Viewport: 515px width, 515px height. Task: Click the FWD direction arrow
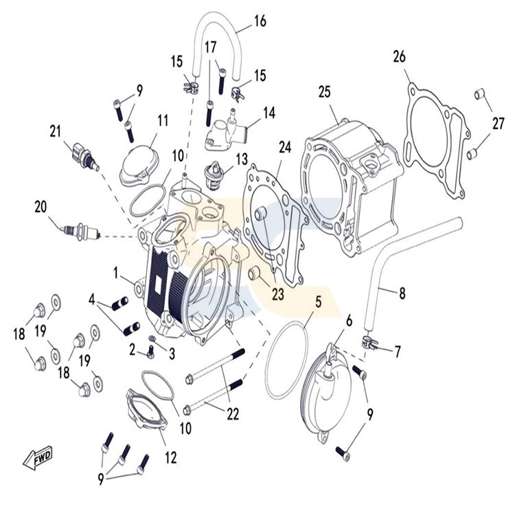click(38, 457)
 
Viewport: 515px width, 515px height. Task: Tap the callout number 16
click(260, 21)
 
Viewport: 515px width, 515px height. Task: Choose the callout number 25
click(325, 92)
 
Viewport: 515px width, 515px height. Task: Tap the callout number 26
click(400, 56)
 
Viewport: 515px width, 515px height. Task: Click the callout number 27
click(498, 124)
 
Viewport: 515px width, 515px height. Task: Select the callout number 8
click(402, 293)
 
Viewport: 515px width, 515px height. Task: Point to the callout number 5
click(318, 301)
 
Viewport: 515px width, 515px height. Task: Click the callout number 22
click(233, 414)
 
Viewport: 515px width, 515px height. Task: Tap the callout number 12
click(171, 457)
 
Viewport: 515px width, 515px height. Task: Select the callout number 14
click(269, 113)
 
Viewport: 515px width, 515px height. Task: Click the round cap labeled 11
click(139, 167)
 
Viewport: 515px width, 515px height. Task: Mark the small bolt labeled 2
click(151, 352)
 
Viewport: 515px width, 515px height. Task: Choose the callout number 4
click(91, 299)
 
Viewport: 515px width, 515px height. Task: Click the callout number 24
click(285, 147)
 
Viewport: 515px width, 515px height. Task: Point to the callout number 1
click(115, 273)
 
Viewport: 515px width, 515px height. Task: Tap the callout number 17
click(211, 47)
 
